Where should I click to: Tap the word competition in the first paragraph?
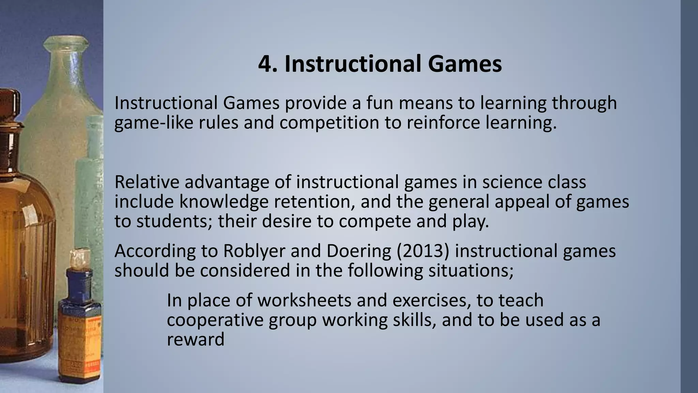pyautogui.click(x=329, y=122)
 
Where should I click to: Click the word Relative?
pyautogui.click(x=147, y=181)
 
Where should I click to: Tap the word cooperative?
pyautogui.click(x=215, y=320)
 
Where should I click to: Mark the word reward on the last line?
pyautogui.click(x=195, y=340)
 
